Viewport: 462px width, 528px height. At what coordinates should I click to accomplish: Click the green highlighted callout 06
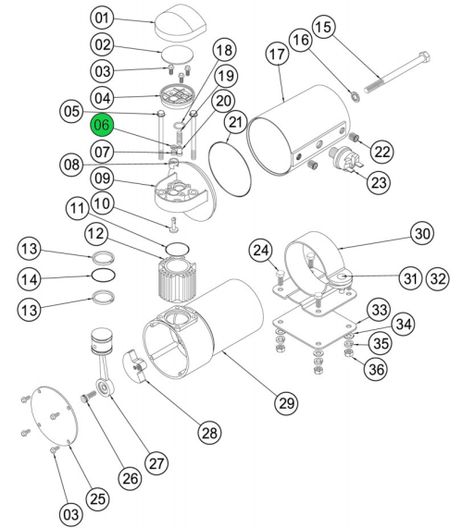pos(102,125)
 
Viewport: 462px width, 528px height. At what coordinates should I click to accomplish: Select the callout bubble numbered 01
pos(103,18)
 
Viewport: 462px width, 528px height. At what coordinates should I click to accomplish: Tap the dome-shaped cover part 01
pos(180,22)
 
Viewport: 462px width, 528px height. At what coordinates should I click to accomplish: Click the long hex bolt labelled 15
pos(397,72)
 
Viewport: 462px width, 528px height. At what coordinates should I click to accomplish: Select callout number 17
pos(278,54)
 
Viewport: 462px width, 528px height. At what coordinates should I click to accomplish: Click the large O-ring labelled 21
pos(230,168)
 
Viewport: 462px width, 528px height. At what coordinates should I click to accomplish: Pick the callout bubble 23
pos(379,182)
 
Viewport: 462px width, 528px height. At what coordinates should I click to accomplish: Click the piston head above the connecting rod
pos(103,340)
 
